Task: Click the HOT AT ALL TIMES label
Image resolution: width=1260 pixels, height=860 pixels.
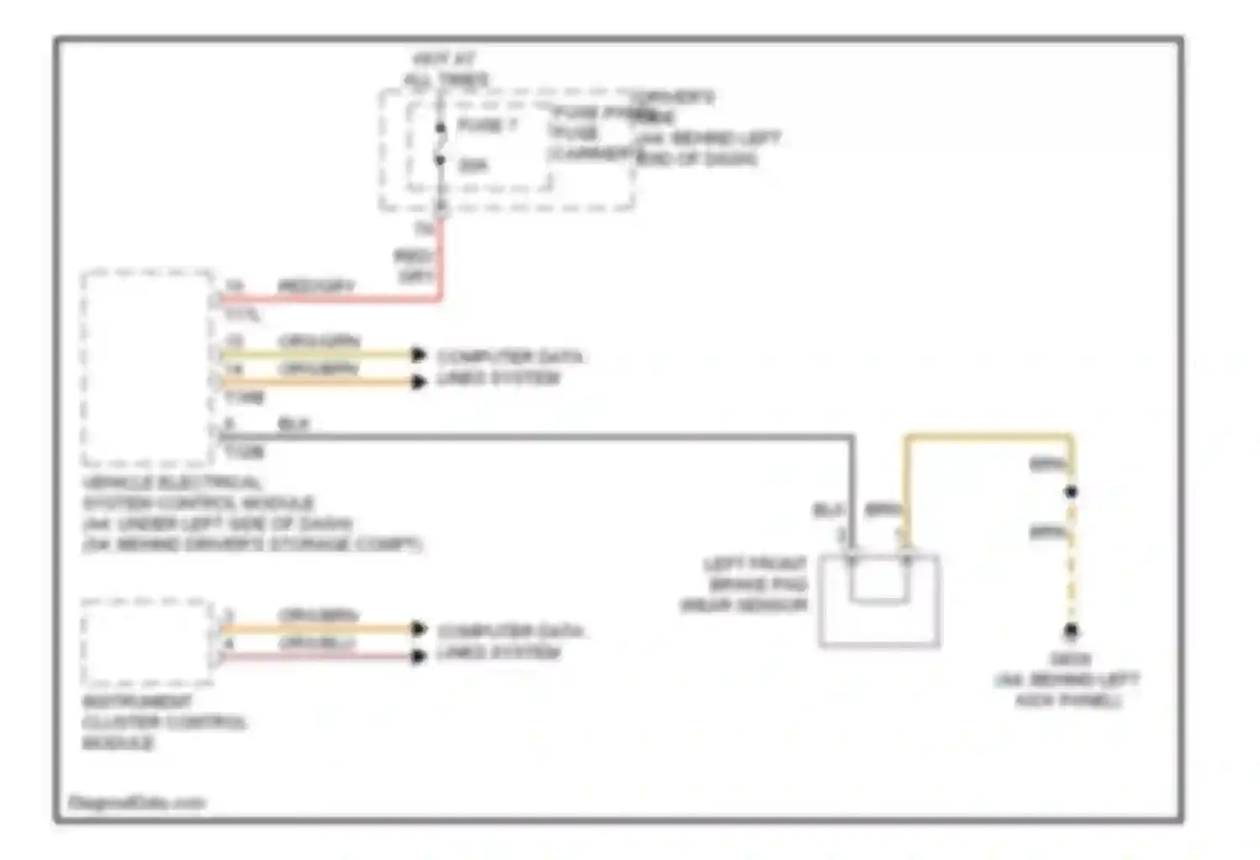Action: [x=445, y=70]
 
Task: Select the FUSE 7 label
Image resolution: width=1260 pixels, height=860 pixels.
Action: [x=487, y=125]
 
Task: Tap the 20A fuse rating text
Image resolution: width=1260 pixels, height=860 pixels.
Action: [x=473, y=165]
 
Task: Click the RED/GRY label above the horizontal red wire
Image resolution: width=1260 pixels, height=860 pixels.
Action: [x=316, y=286]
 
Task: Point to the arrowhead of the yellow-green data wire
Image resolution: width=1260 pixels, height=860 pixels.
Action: [x=418, y=354]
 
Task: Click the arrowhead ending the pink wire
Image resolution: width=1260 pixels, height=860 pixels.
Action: [x=418, y=656]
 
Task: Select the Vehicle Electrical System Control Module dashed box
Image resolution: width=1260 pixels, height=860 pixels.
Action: [x=148, y=367]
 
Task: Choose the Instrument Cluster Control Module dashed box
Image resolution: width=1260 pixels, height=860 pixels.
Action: [x=148, y=642]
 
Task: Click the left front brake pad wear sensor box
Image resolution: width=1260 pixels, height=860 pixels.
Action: [x=879, y=600]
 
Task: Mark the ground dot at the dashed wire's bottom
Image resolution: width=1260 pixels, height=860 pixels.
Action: [x=1071, y=631]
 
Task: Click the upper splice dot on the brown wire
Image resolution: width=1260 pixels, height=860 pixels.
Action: [x=1071, y=492]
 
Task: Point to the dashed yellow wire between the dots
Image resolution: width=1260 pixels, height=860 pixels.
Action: [x=1071, y=563]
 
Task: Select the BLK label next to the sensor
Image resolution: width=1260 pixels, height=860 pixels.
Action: [x=827, y=510]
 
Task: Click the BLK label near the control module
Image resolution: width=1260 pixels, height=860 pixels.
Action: [x=293, y=424]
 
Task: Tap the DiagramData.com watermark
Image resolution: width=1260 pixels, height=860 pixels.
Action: [x=136, y=803]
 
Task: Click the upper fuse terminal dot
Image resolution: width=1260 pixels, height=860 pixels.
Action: [x=440, y=128]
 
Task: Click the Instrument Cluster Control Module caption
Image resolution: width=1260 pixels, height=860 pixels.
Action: [x=164, y=722]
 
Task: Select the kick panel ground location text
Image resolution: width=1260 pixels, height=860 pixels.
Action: [x=1068, y=679]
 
